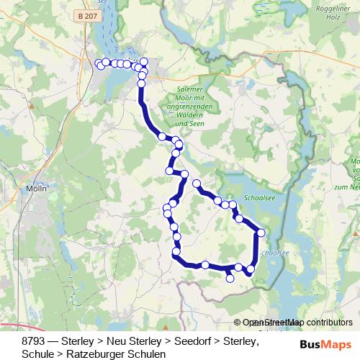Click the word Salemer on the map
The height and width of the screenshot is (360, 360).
pyautogui.click(x=190, y=88)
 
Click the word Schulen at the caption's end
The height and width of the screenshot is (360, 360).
pyautogui.click(x=146, y=354)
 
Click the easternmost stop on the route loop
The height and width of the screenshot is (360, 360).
pyautogui.click(x=261, y=233)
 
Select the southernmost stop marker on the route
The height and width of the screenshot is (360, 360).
pyautogui.click(x=230, y=279)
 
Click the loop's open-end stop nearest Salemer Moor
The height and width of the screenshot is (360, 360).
pyautogui.click(x=196, y=184)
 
